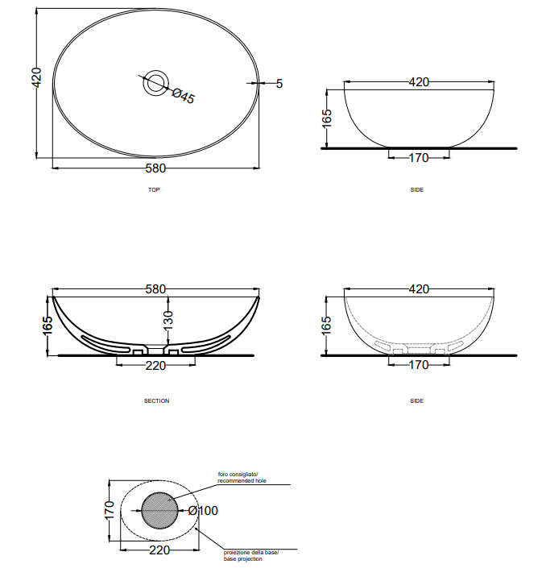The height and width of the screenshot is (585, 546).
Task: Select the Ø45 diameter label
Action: coord(184,96)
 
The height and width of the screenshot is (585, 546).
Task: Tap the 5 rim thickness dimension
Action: coord(279,84)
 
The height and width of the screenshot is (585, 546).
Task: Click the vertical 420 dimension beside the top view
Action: coord(36,77)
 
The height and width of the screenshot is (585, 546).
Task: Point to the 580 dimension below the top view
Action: coord(155,168)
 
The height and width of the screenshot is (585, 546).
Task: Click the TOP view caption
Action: coord(154,189)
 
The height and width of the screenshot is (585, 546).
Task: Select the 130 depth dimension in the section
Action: coord(168,320)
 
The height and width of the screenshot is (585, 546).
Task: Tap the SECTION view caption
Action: coord(157,400)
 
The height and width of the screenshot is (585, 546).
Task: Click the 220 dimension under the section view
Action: coord(155,365)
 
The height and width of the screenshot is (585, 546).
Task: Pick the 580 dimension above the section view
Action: coord(155,289)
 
